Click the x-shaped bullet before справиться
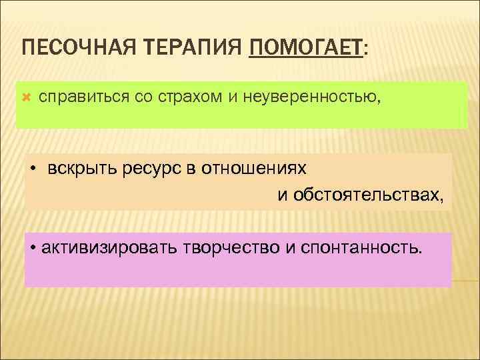point(27,98)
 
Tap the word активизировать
point(108,249)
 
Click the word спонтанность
point(363,249)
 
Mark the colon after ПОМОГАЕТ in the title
point(365,50)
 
